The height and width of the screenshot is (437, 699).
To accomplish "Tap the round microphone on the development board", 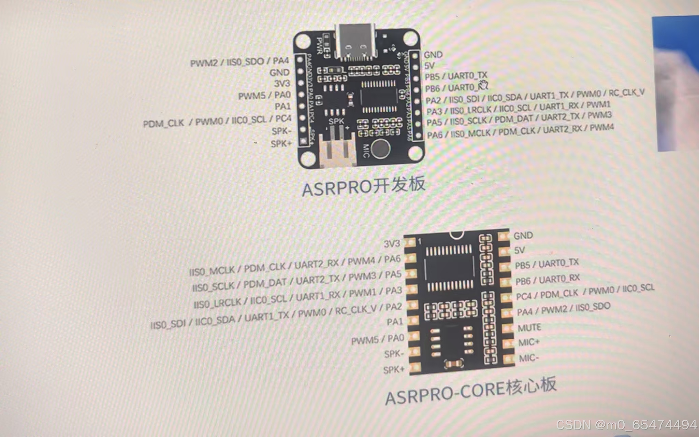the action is pos(380,149).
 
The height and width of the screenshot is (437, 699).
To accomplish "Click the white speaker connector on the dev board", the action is pos(337,150).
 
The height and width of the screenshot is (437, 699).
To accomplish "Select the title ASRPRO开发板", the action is pos(364,186).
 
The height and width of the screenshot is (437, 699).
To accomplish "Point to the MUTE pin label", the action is pos(529,328).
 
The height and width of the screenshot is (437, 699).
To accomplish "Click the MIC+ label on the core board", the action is pos(529,342).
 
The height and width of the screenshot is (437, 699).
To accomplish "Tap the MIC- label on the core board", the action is pos(529,358).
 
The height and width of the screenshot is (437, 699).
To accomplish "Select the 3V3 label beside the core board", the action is pos(392,244).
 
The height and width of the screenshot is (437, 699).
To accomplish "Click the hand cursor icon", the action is pos(483,85).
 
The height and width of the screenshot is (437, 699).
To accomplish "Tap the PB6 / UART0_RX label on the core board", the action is pos(547,280).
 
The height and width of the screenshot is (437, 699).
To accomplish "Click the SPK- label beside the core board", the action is pos(394,354).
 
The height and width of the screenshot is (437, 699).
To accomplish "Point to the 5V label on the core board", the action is pos(519,251).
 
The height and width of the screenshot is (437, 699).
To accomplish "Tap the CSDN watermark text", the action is pos(626,425).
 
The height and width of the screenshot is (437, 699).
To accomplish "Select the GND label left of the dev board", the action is pos(279,73).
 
